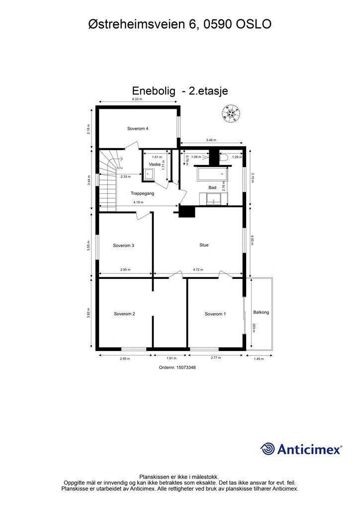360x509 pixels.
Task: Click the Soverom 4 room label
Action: click(138, 128)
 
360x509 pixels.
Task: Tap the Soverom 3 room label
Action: click(123, 245)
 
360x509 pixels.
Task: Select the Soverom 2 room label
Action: click(124, 314)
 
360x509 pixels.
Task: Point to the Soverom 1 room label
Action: click(215, 314)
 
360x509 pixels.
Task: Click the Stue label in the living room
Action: click(204, 245)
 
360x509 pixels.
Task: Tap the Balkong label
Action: click(261, 312)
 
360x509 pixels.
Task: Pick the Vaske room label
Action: click(155, 164)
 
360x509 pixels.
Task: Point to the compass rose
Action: click(231, 114)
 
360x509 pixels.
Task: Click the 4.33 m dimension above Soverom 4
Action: click(137, 99)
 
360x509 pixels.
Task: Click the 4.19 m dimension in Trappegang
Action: click(138, 202)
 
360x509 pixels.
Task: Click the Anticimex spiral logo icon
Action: click(268, 449)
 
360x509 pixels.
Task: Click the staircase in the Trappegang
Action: click(107, 181)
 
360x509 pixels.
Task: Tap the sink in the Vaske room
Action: click(149, 173)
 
